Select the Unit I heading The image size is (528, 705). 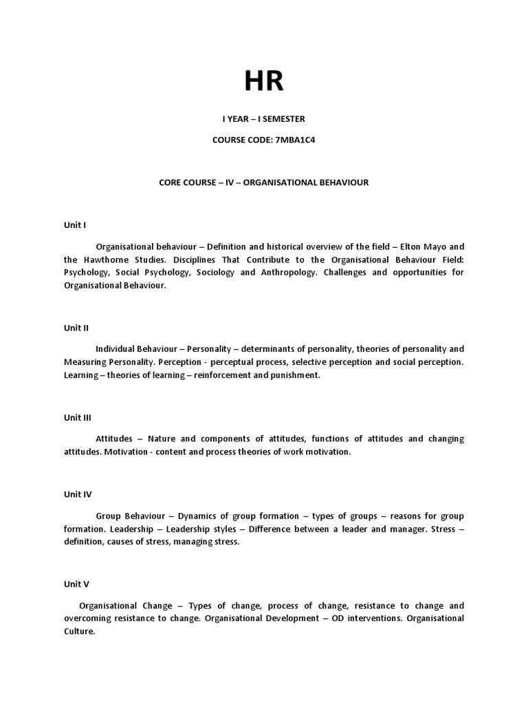(x=75, y=225)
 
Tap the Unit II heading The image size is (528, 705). (x=76, y=328)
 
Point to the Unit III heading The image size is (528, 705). (x=78, y=417)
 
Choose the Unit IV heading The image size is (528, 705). (x=78, y=494)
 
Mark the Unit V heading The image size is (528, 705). (x=76, y=584)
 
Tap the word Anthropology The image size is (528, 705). (x=294, y=273)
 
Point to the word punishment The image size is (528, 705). (x=292, y=375)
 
